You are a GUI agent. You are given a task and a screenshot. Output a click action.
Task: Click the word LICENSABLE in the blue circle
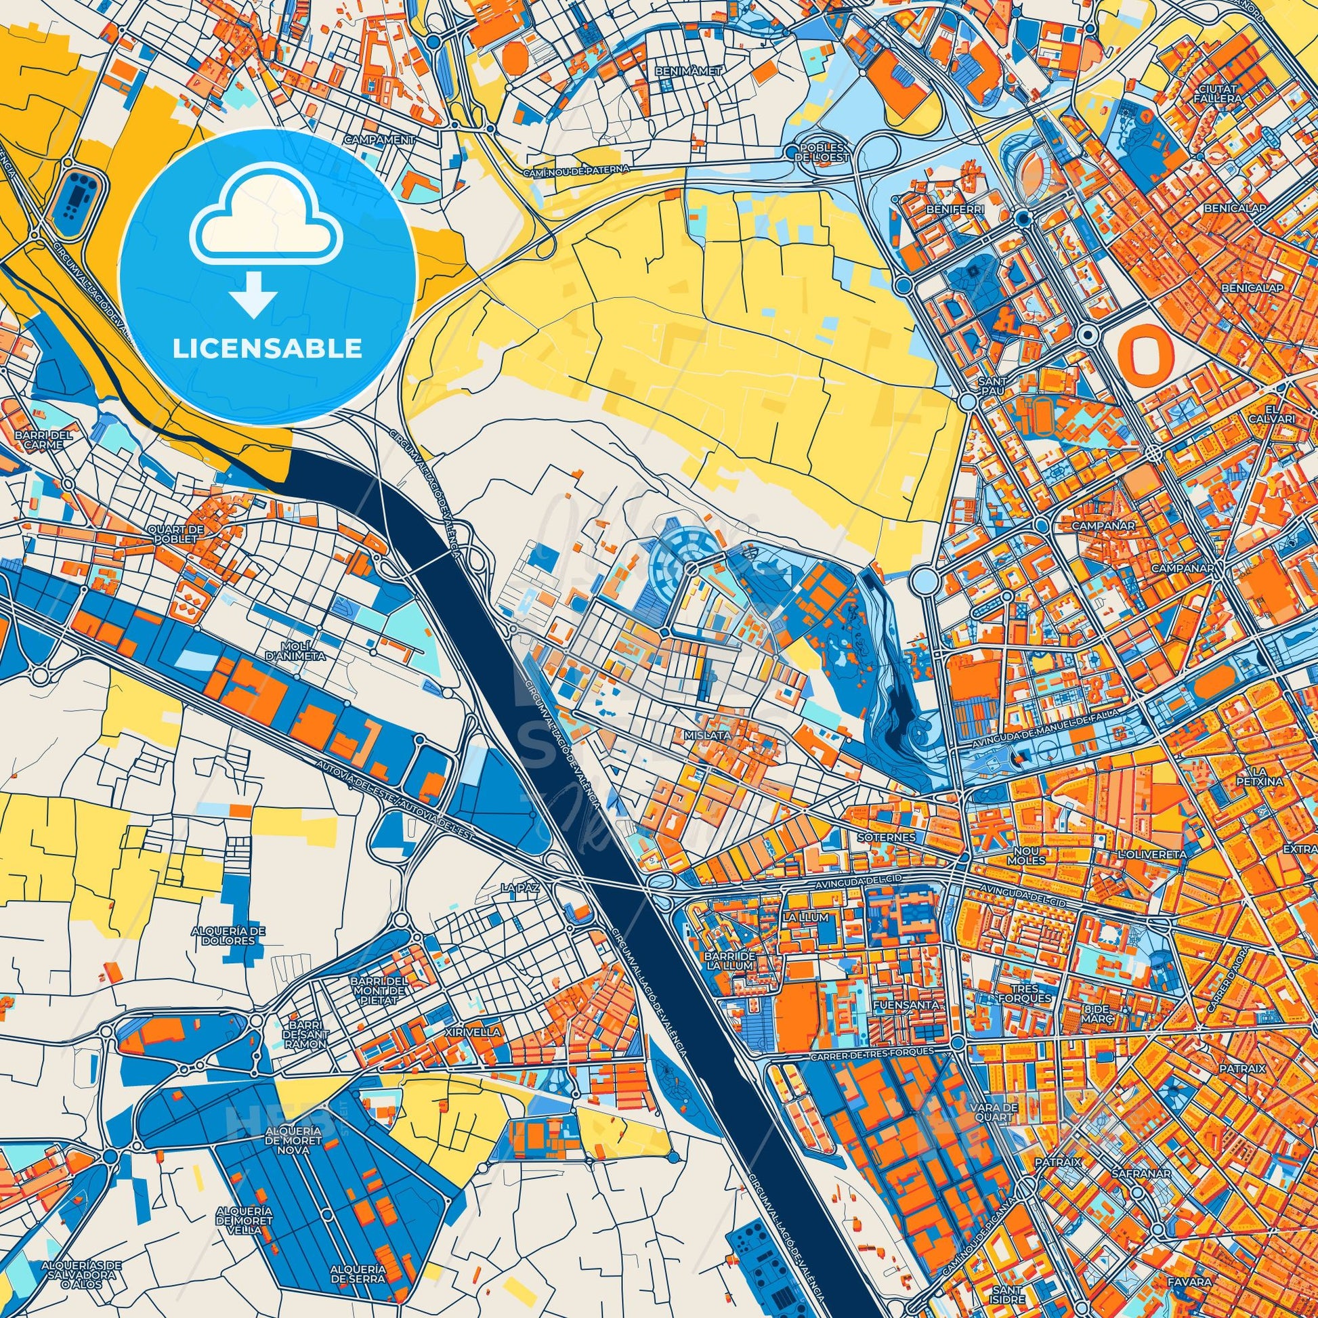[267, 349]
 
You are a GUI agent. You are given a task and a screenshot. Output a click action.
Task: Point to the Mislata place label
[713, 736]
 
